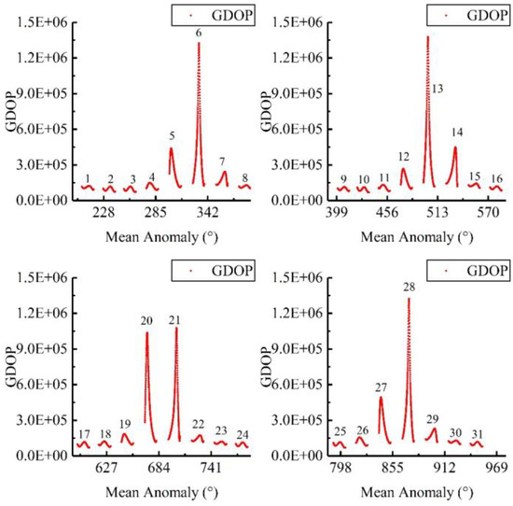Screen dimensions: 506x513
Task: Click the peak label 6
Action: pos(199,33)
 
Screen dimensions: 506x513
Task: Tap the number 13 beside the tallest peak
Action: pos(437,88)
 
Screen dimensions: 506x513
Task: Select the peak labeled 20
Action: pos(146,320)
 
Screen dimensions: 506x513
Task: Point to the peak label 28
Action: pos(409,288)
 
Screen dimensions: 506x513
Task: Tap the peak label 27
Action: pos(381,387)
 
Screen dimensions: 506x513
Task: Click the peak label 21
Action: pos(173,320)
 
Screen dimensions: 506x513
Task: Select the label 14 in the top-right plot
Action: pos(457,132)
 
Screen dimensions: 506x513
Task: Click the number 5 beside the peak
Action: pos(172,135)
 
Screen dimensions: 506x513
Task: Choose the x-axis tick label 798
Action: pos(340,467)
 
